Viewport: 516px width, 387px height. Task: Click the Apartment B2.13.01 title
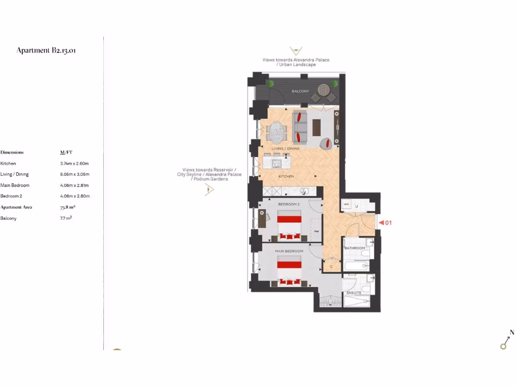pos(46,50)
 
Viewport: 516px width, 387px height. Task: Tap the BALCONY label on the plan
pos(300,91)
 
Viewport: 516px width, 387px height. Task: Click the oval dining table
pos(276,133)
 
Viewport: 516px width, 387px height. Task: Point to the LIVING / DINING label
pos(285,149)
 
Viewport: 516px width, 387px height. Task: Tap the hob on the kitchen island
pos(277,162)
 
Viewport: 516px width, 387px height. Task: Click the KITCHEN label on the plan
pos(286,176)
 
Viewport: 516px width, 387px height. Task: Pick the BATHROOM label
pos(354,248)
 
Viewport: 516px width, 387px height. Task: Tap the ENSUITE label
pos(354,292)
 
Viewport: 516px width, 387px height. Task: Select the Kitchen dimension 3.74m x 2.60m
pos(74,163)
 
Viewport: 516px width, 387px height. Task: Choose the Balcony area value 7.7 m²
pos(66,218)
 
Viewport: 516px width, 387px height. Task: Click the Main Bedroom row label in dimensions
pos(15,185)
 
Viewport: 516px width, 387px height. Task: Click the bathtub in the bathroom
pos(356,265)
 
